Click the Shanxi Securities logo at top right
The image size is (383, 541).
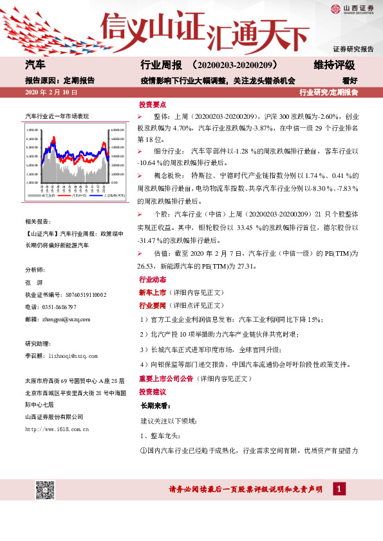pos(351,9)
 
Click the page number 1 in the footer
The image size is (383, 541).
pos(337,490)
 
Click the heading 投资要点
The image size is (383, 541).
pos(153,104)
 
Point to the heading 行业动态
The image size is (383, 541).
pos(153,280)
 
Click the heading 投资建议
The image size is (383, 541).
pos(153,392)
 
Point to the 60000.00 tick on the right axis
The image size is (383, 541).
pos(117,129)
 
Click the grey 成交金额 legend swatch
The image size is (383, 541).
pos(33,195)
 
